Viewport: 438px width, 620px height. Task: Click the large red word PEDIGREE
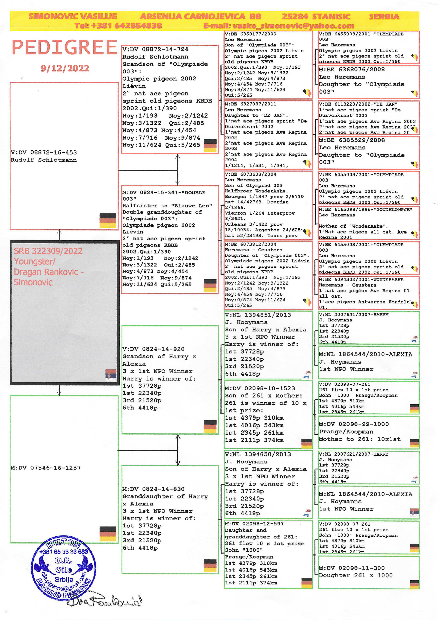click(64, 47)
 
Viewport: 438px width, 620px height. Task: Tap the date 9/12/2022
click(65, 68)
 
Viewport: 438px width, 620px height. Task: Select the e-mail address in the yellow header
click(279, 26)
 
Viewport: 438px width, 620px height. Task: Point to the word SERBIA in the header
click(384, 17)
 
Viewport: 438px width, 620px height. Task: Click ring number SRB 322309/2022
click(48, 251)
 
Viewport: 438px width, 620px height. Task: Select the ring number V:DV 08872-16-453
click(44, 153)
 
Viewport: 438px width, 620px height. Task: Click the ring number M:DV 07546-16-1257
click(46, 468)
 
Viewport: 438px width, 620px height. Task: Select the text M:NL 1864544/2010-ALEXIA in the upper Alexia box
click(365, 354)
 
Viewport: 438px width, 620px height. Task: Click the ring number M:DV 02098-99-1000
click(354, 424)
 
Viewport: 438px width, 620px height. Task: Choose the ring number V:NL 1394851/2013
click(258, 315)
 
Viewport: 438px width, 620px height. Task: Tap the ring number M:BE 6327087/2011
click(250, 104)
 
